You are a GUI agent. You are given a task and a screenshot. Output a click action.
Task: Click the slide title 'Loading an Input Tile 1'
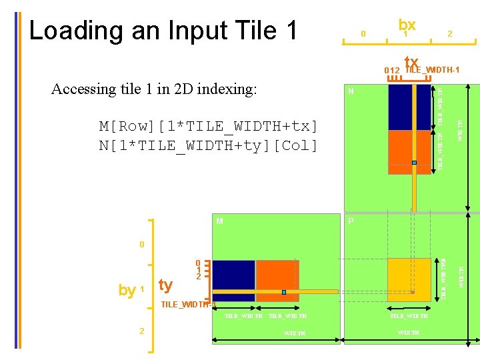pyautogui.click(x=163, y=31)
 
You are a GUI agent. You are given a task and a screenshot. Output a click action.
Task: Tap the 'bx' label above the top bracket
pyautogui.click(x=407, y=24)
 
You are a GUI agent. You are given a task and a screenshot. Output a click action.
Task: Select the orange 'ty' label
pyautogui.click(x=165, y=285)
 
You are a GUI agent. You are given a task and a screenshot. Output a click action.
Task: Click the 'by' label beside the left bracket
pyautogui.click(x=127, y=290)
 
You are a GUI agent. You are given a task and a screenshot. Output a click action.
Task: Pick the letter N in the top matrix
pyautogui.click(x=351, y=91)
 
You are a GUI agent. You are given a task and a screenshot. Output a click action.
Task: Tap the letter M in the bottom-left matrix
pyautogui.click(x=219, y=221)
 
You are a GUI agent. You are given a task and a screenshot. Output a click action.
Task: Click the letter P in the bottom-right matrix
pyautogui.click(x=351, y=221)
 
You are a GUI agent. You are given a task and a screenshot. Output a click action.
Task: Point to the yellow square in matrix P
pyautogui.click(x=409, y=279)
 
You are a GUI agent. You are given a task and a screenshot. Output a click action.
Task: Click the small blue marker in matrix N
pyautogui.click(x=414, y=162)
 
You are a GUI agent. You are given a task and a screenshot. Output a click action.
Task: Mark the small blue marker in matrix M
pyautogui.click(x=283, y=292)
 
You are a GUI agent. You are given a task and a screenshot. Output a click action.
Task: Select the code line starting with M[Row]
pyautogui.click(x=208, y=127)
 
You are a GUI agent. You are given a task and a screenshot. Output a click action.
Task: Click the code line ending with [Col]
pyautogui.click(x=208, y=145)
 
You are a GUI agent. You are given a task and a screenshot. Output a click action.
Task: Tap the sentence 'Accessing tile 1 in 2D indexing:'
pyautogui.click(x=154, y=89)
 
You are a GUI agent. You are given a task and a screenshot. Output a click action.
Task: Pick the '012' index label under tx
pyautogui.click(x=391, y=71)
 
